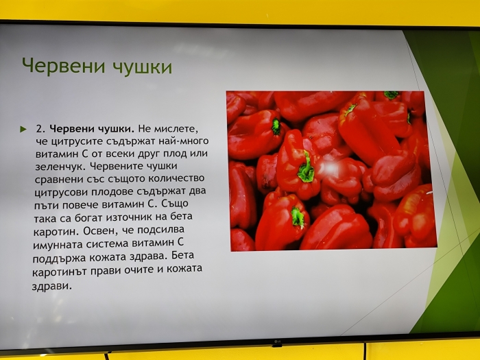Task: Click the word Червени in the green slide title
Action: coord(64,66)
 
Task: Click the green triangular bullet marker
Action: coord(23,129)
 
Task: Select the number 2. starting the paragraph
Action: coord(40,129)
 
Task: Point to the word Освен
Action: coord(100,230)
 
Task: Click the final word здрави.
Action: coord(51,286)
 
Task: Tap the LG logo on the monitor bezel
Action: coord(277,341)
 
